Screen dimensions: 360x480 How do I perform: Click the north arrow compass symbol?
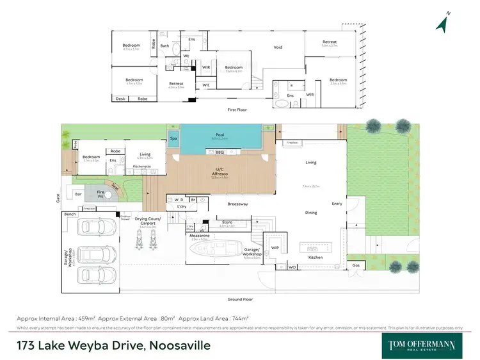pos(441,24)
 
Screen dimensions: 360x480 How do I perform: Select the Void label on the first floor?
pos(278,47)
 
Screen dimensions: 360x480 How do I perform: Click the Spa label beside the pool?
pos(173,138)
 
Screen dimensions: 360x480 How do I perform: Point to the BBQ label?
pos(220,152)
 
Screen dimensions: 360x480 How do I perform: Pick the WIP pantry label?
pos(275,247)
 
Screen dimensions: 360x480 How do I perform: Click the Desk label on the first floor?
pos(120,99)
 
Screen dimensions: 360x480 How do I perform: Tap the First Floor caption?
pos(237,110)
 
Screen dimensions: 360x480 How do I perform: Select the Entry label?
pos(337,204)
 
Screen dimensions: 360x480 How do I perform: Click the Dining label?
pos(311,212)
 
